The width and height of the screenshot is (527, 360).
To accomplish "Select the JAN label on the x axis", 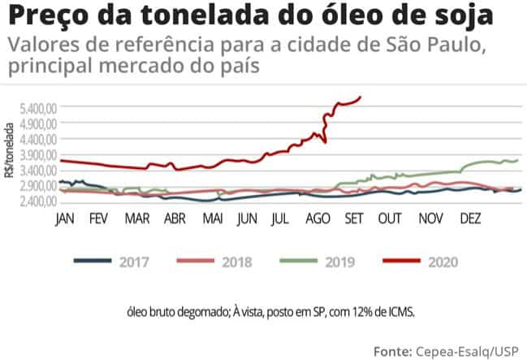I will tap(64, 219).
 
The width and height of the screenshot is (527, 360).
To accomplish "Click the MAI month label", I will tap(214, 219).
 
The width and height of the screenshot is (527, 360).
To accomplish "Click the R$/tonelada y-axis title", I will tap(10, 151).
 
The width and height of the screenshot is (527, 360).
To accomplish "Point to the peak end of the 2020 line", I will tap(361, 97).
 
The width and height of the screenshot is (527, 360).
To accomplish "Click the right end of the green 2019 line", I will tap(517, 160).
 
